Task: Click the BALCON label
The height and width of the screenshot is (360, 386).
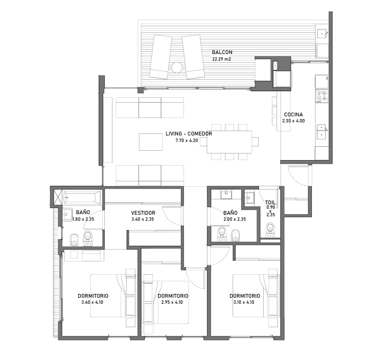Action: pyautogui.click(x=222, y=52)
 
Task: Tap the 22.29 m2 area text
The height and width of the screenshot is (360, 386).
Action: pyautogui.click(x=222, y=59)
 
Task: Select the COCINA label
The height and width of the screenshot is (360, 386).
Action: pyautogui.click(x=293, y=115)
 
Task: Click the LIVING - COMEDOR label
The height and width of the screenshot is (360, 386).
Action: pyautogui.click(x=189, y=134)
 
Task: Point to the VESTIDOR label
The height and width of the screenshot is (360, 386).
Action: pyautogui.click(x=143, y=213)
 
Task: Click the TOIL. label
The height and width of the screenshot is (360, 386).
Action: pyautogui.click(x=271, y=203)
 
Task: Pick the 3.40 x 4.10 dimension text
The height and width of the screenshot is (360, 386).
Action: pyautogui.click(x=92, y=302)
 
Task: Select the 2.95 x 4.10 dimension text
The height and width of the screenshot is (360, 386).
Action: pyautogui.click(x=172, y=302)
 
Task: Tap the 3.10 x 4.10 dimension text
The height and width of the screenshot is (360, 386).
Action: pyautogui.click(x=244, y=302)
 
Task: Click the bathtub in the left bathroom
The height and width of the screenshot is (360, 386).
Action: pyautogui.click(x=82, y=197)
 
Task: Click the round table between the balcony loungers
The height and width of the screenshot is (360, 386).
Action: pyautogui.click(x=177, y=68)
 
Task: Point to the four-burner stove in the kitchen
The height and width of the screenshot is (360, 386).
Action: pyautogui.click(x=322, y=96)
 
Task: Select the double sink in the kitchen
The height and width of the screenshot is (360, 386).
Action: pyautogui.click(x=322, y=132)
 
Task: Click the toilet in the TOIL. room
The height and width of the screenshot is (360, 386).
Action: pyautogui.click(x=270, y=230)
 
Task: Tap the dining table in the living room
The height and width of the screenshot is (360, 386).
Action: pyautogui.click(x=229, y=142)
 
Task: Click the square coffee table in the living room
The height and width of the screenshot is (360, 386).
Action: pyautogui.click(x=151, y=142)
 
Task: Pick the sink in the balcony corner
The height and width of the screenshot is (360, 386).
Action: pyautogui.click(x=322, y=33)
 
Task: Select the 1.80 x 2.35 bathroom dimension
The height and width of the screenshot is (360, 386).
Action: pyautogui.click(x=83, y=219)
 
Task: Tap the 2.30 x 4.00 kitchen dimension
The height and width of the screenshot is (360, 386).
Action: pyautogui.click(x=293, y=121)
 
